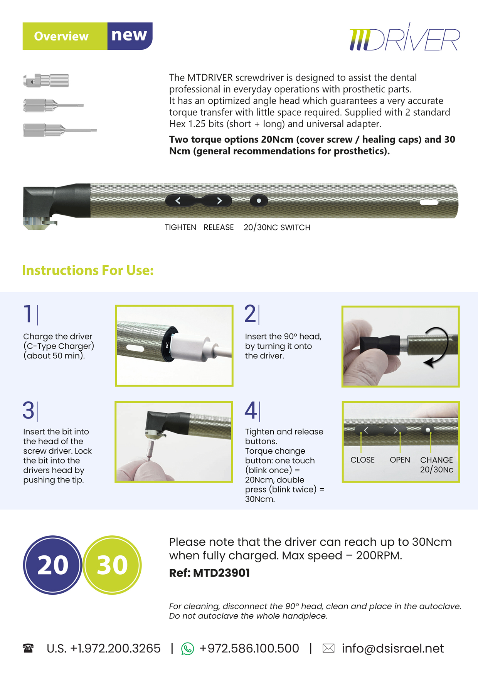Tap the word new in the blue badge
[129, 35]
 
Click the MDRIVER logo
[404, 38]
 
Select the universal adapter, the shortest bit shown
[46, 81]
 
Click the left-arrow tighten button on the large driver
[178, 201]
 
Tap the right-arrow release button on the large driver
[219, 201]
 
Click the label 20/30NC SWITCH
[277, 227]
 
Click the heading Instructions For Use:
[88, 270]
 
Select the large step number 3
[28, 410]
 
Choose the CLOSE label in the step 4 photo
[362, 460]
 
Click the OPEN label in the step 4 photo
[400, 460]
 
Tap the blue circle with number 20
[53, 565]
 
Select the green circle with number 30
[112, 565]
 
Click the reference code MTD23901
[221, 573]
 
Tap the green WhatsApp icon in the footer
[187, 649]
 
